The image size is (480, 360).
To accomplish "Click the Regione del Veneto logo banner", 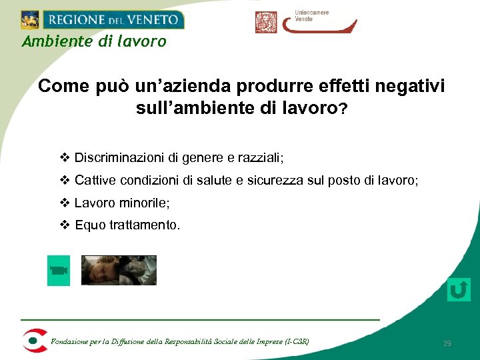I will [x=102, y=19].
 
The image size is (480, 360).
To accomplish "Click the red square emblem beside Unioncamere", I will [x=265, y=22].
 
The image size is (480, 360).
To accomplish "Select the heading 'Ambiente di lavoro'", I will [x=94, y=42].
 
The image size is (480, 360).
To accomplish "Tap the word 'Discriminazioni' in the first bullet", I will [x=119, y=158].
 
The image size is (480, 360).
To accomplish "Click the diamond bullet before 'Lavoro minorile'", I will [x=65, y=203].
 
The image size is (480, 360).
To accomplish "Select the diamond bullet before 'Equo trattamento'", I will [x=65, y=225].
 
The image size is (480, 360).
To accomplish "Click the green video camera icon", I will [x=59, y=271].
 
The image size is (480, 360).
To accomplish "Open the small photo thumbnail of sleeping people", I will [x=119, y=271].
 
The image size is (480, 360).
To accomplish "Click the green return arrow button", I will [x=459, y=290].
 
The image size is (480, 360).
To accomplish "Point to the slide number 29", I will [x=447, y=343].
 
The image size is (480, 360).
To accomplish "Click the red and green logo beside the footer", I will [x=34, y=341].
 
